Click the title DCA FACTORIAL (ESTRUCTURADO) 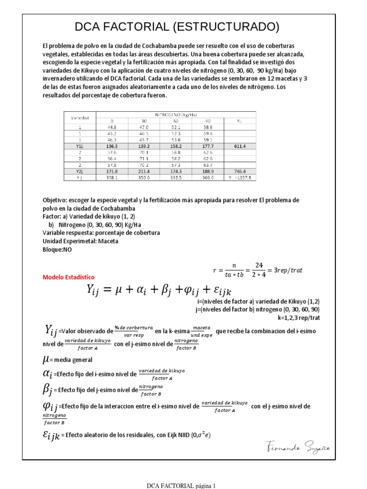(177, 27)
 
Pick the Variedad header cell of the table (80, 117)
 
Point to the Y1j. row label (80, 147)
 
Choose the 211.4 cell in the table (143, 170)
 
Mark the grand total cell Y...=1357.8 (239, 177)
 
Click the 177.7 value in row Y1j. (207, 147)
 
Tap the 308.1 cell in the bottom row (112, 177)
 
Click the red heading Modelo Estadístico (69, 277)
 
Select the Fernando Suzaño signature (298, 448)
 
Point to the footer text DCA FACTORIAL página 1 (181, 486)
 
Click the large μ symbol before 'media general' (46, 359)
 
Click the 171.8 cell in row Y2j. (112, 170)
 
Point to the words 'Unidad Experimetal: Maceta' (80, 241)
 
